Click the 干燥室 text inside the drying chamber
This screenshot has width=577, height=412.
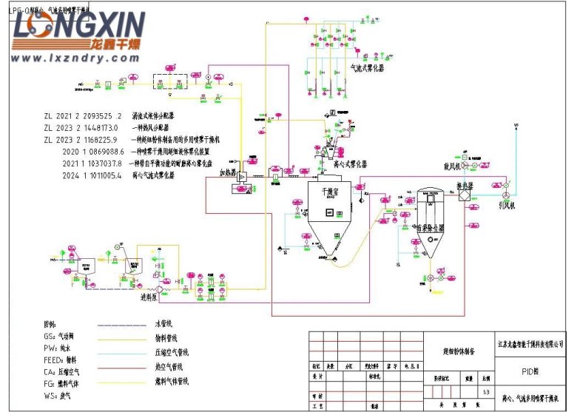pos(328,191)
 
